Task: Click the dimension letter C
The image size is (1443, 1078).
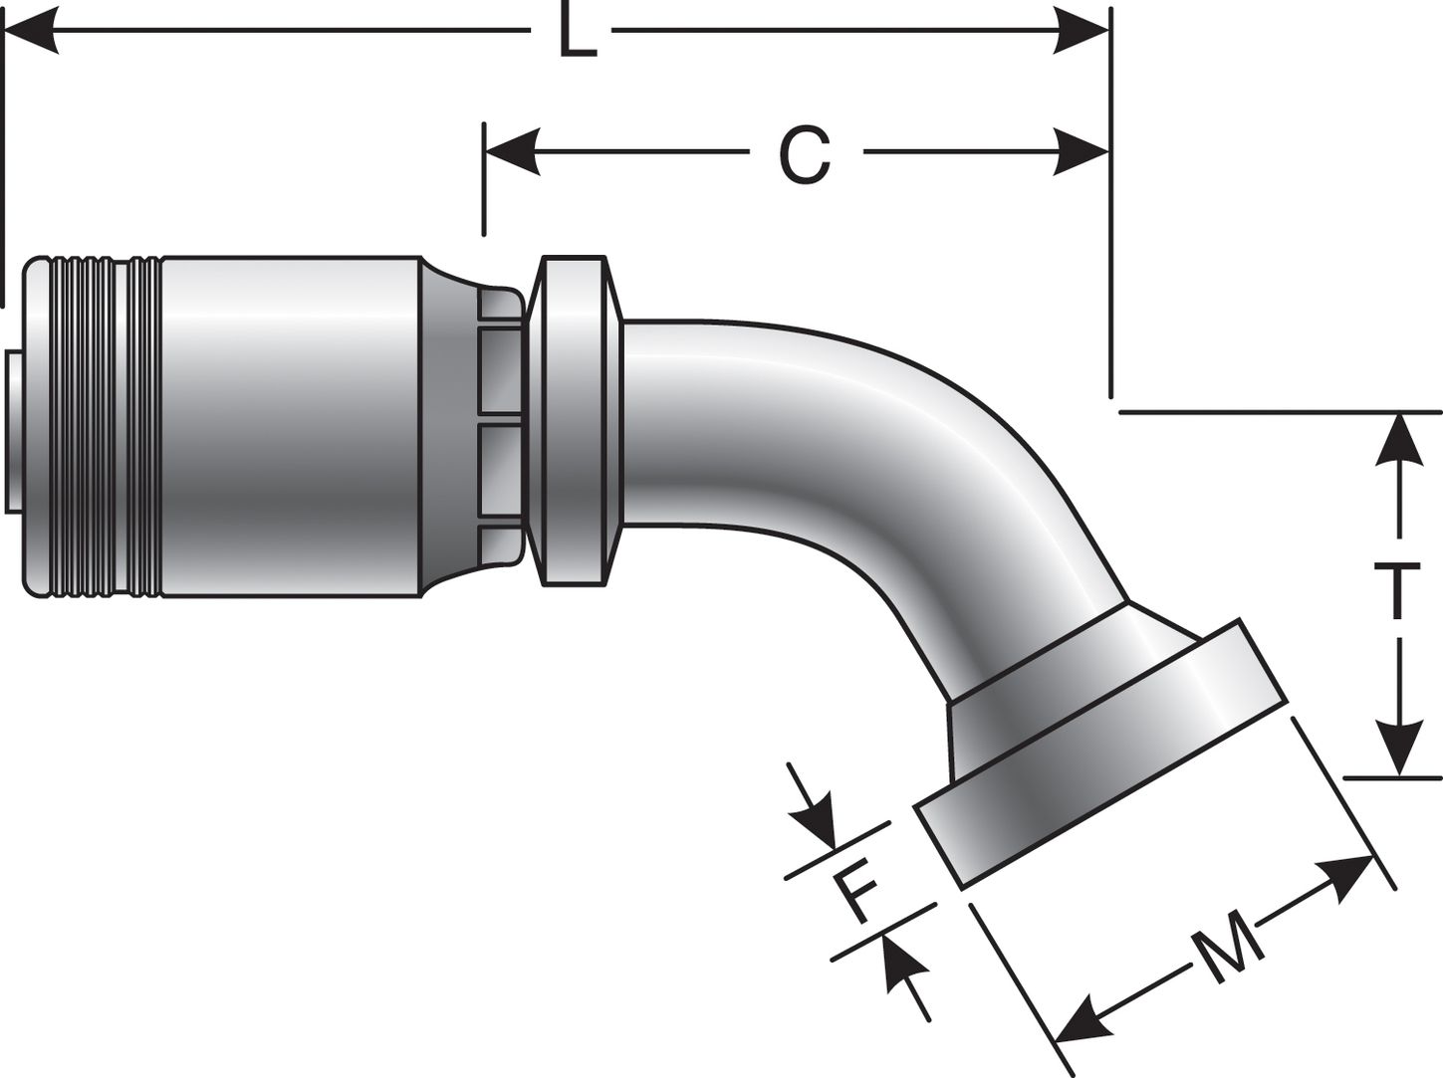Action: [x=804, y=154]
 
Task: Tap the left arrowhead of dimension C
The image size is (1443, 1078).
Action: [x=510, y=154]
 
